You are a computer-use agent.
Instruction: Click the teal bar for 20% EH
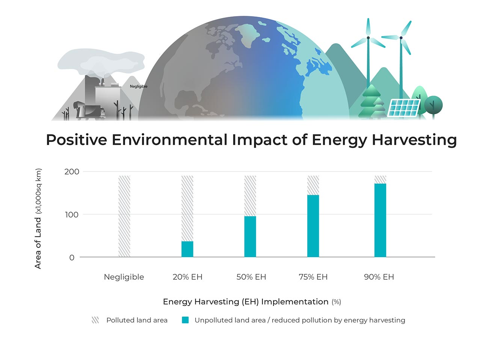[187, 249]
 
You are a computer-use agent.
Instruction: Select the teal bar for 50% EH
[250, 236]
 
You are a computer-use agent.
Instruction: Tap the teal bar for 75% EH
[313, 226]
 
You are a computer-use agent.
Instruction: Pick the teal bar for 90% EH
[380, 220]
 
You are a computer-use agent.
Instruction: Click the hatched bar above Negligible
[124, 216]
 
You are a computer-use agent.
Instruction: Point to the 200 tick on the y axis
[72, 172]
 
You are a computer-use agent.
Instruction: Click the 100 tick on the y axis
[72, 215]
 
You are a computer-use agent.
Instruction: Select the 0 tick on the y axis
[72, 258]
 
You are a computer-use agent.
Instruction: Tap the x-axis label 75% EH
[313, 277]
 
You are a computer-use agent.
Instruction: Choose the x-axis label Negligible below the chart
[124, 277]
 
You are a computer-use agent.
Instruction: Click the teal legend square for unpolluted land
[185, 320]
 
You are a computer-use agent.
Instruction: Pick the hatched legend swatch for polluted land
[95, 320]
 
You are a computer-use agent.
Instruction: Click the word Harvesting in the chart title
[414, 140]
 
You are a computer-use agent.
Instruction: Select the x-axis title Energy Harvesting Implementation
[246, 302]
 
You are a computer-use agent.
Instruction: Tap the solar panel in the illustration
[404, 108]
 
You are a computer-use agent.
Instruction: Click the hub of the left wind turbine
[368, 38]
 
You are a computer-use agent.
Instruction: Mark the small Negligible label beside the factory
[139, 86]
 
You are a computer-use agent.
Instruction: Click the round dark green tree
[433, 104]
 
